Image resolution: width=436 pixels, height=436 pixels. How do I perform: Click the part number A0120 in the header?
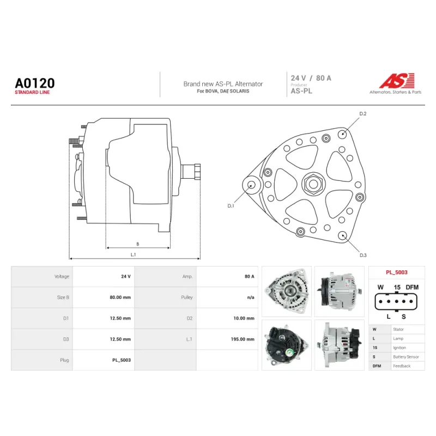click(x=35, y=83)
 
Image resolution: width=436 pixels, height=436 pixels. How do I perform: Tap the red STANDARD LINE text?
click(x=32, y=92)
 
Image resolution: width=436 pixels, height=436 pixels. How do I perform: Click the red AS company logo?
click(x=397, y=81)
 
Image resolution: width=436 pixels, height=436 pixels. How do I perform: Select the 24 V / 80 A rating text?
click(x=311, y=78)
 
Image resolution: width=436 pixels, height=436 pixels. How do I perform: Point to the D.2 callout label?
click(x=363, y=114)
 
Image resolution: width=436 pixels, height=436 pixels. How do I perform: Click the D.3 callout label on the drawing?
click(x=363, y=255)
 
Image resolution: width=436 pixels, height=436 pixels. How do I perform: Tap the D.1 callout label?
click(x=231, y=206)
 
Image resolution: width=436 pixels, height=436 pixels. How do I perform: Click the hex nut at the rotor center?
click(x=313, y=184)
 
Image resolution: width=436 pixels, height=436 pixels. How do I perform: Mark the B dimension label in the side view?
click(x=138, y=244)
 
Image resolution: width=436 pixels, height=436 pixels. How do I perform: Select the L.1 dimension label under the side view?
click(x=133, y=255)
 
